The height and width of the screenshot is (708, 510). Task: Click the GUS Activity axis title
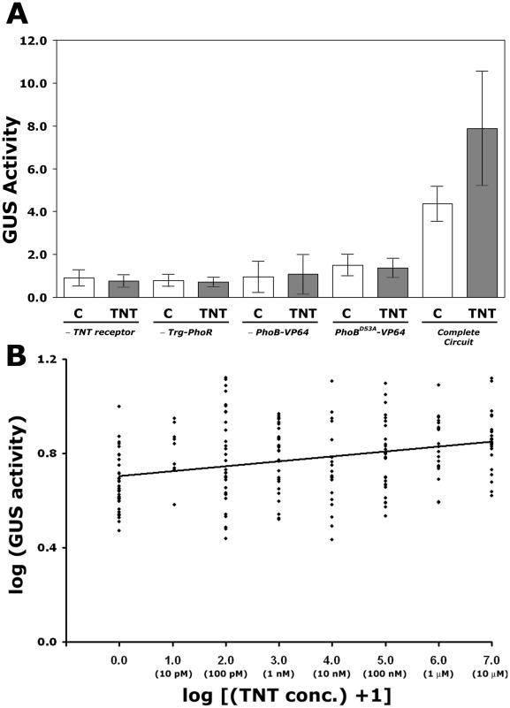[x=14, y=168]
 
